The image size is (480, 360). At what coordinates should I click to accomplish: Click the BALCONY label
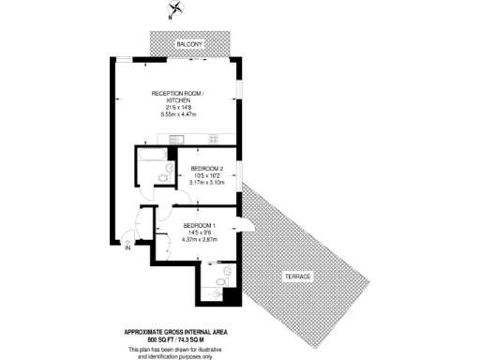pos(192,43)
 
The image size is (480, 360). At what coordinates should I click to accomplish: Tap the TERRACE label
pos(299,276)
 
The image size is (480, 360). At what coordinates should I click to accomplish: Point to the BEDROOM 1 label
pos(200,225)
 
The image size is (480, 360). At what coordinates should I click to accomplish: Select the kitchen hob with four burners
pos(213,142)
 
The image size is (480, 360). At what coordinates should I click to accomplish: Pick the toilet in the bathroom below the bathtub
pos(163,173)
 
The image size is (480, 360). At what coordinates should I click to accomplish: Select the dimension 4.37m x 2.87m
pos(200,239)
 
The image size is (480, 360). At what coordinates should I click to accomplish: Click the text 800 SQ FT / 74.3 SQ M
pos(176,339)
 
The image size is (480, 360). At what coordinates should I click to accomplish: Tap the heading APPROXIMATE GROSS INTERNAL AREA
pos(176,332)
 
